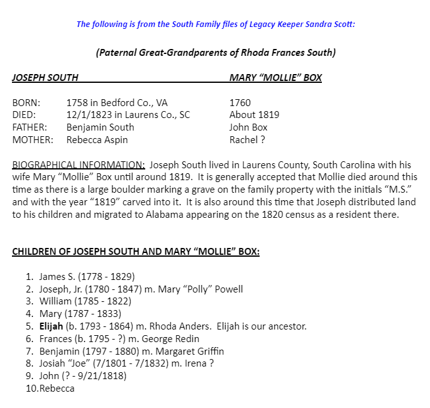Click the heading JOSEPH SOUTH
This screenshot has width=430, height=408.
click(45, 78)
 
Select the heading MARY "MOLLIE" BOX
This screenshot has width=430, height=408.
click(275, 78)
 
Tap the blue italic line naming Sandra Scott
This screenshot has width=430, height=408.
click(216, 24)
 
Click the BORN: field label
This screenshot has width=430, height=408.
click(26, 103)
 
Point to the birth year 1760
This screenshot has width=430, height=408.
click(240, 103)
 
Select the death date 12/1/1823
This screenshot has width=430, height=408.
click(87, 115)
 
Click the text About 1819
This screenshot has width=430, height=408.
click(255, 115)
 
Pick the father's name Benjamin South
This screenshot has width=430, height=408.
click(100, 127)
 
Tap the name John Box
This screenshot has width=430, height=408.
click(249, 127)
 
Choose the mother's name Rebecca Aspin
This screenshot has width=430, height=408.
click(97, 140)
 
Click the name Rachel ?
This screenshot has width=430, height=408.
click(247, 140)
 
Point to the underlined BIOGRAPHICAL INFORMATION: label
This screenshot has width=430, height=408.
click(79, 165)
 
